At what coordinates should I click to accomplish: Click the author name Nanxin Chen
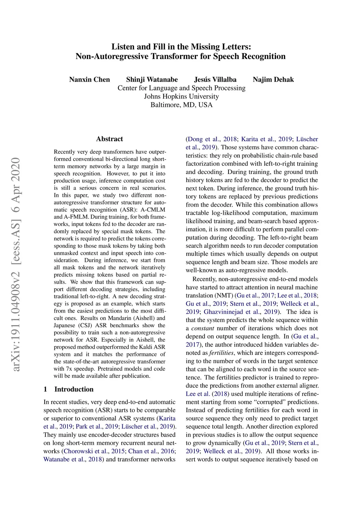click(x=89, y=79)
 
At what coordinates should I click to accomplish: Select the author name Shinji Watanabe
click(x=152, y=79)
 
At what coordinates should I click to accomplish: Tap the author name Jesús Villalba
click(x=215, y=79)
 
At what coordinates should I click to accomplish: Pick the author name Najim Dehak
click(x=273, y=79)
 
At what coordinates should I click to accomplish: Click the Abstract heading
click(x=109, y=139)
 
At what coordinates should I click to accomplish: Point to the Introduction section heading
click(x=74, y=389)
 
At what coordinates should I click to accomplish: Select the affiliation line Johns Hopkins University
click(x=181, y=96)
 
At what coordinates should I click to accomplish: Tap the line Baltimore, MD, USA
click(x=181, y=105)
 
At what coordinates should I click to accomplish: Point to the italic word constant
click(x=202, y=328)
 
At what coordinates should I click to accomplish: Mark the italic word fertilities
click(x=221, y=353)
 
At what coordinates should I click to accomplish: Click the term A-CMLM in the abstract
click(x=153, y=210)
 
